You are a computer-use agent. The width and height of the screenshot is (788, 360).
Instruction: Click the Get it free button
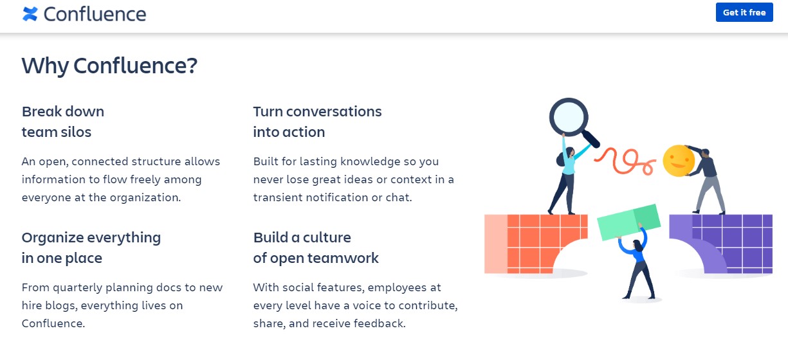[x=744, y=12]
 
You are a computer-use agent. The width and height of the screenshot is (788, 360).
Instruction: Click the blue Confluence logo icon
[x=30, y=14]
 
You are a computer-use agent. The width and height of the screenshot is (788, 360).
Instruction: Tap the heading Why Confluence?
[x=109, y=66]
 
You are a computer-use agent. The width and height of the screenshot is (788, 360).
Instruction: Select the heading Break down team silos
[x=63, y=122]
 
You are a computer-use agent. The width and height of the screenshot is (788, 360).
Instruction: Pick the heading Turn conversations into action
[x=317, y=122]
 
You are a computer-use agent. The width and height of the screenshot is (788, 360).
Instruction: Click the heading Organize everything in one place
[x=91, y=248]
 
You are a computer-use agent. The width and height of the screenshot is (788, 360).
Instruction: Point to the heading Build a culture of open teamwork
[x=316, y=248]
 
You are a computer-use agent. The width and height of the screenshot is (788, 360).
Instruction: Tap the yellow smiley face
[x=678, y=161]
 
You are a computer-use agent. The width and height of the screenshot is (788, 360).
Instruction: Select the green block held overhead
[x=628, y=222]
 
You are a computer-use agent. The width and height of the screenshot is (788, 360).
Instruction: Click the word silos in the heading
[x=75, y=132]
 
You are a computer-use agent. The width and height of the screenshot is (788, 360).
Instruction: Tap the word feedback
[x=381, y=323]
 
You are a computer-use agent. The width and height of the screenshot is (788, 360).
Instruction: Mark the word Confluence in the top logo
[x=95, y=14]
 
